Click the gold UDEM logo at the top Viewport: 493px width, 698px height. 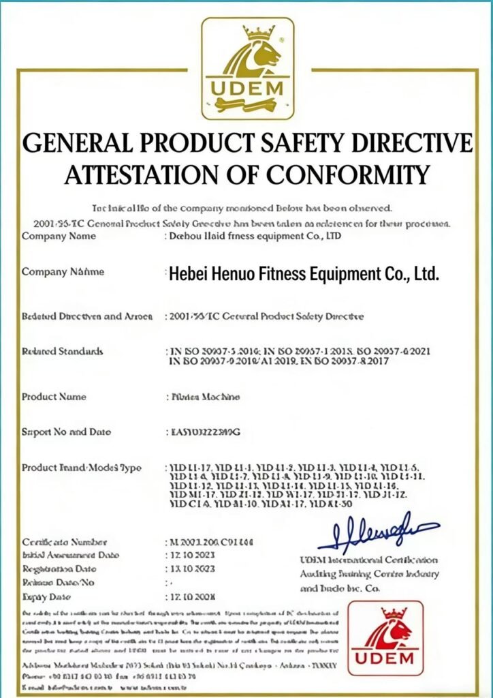247,68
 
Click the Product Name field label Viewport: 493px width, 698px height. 54,397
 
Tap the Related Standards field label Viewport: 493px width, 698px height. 63,352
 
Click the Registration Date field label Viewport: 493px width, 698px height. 59,568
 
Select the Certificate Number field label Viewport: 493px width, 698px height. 65,543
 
